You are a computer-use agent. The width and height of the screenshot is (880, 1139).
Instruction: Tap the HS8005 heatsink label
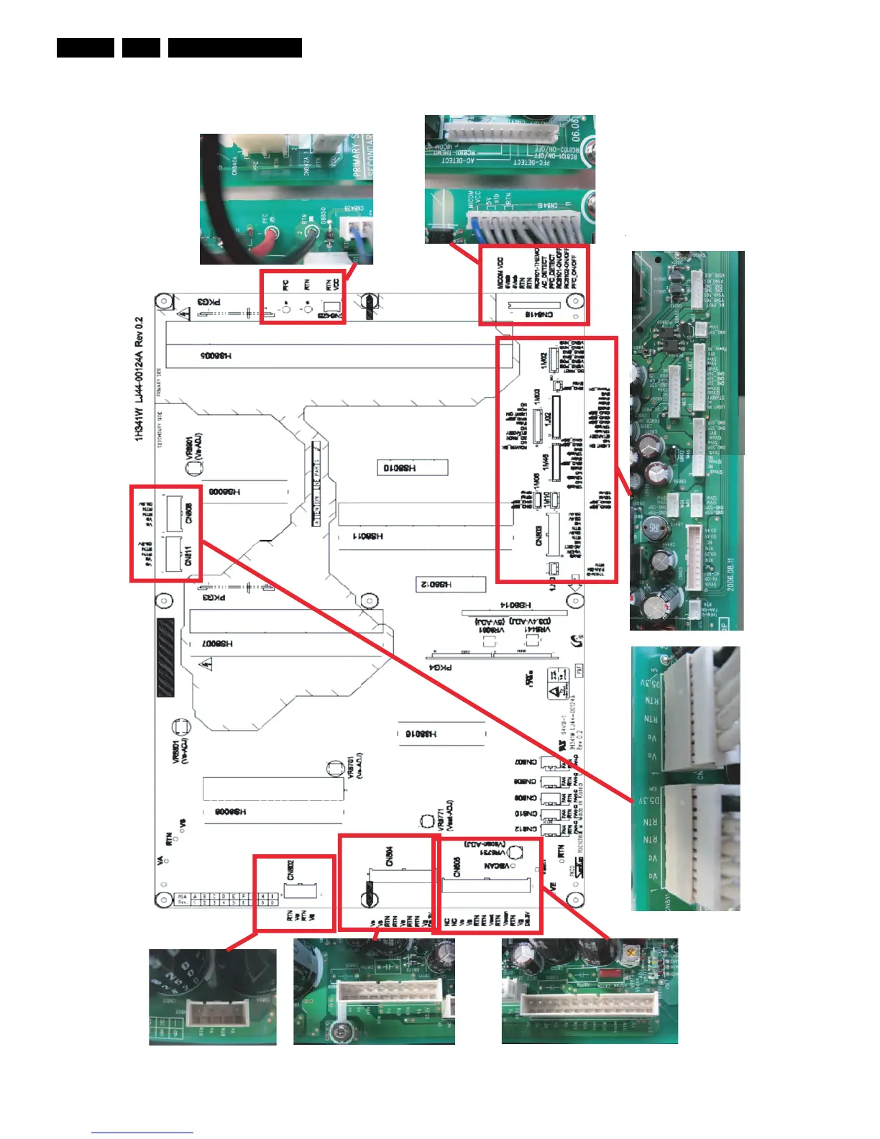point(216,356)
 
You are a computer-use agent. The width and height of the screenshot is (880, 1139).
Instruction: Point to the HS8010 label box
point(413,468)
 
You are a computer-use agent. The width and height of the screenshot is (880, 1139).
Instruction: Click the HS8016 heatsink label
point(421,734)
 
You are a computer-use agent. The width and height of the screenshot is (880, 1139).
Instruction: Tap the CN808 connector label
point(189,513)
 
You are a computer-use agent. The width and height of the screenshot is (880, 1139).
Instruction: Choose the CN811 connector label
point(189,556)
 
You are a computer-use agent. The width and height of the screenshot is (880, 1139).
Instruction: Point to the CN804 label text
point(389,856)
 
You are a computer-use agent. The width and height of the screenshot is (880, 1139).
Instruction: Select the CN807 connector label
point(526,762)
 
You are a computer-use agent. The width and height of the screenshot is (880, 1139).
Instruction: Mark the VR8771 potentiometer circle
point(426,820)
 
